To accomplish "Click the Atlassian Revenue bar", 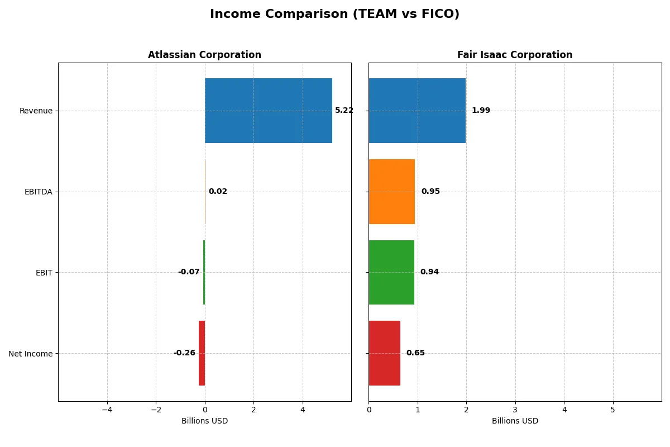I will [268, 111].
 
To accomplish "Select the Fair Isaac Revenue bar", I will [417, 111].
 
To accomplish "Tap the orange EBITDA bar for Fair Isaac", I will [391, 192].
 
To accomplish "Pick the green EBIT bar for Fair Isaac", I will [391, 272].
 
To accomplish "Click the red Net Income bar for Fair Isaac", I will [384, 353].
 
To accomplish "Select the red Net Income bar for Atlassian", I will [202, 353].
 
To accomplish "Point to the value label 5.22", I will [344, 111].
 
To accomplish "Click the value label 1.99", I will [481, 111].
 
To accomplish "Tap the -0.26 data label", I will [184, 353].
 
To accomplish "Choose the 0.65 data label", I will [415, 353].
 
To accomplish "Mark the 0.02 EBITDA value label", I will [218, 192].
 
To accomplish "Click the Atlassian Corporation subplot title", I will [204, 55].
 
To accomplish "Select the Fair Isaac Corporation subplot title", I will [515, 55].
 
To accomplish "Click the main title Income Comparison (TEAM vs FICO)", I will [334, 15].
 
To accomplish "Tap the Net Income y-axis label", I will [30, 354].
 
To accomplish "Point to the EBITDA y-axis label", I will [38, 192].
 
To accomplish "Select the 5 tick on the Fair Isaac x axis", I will [612, 410].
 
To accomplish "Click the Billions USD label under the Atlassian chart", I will [204, 421].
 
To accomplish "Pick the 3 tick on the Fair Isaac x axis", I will [515, 410].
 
